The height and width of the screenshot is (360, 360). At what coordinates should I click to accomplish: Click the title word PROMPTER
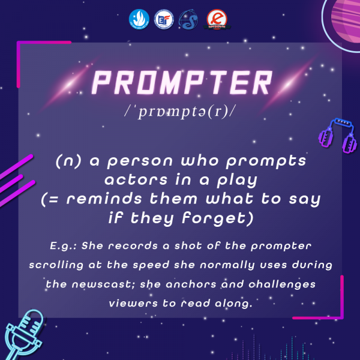click(x=182, y=83)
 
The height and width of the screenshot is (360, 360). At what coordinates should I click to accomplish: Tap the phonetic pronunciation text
click(x=180, y=112)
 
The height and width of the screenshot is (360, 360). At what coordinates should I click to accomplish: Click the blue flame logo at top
click(x=139, y=19)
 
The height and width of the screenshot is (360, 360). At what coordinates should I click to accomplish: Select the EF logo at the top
click(x=164, y=19)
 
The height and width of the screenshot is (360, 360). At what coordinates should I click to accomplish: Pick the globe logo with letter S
click(x=189, y=20)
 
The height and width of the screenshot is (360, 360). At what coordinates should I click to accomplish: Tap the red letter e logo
click(x=217, y=19)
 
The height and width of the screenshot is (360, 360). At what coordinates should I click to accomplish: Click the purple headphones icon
click(x=337, y=136)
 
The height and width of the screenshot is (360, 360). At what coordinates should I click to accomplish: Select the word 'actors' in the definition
click(x=136, y=180)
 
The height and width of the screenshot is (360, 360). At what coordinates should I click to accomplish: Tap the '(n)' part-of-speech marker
click(x=68, y=161)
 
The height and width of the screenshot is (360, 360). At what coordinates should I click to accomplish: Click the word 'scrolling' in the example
click(x=56, y=265)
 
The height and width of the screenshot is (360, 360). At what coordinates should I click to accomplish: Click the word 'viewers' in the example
click(x=133, y=304)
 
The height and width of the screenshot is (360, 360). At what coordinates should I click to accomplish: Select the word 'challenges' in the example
click(x=282, y=284)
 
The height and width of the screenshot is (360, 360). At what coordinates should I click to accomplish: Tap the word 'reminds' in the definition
click(x=104, y=199)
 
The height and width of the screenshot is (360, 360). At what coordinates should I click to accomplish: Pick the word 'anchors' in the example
click(x=191, y=284)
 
